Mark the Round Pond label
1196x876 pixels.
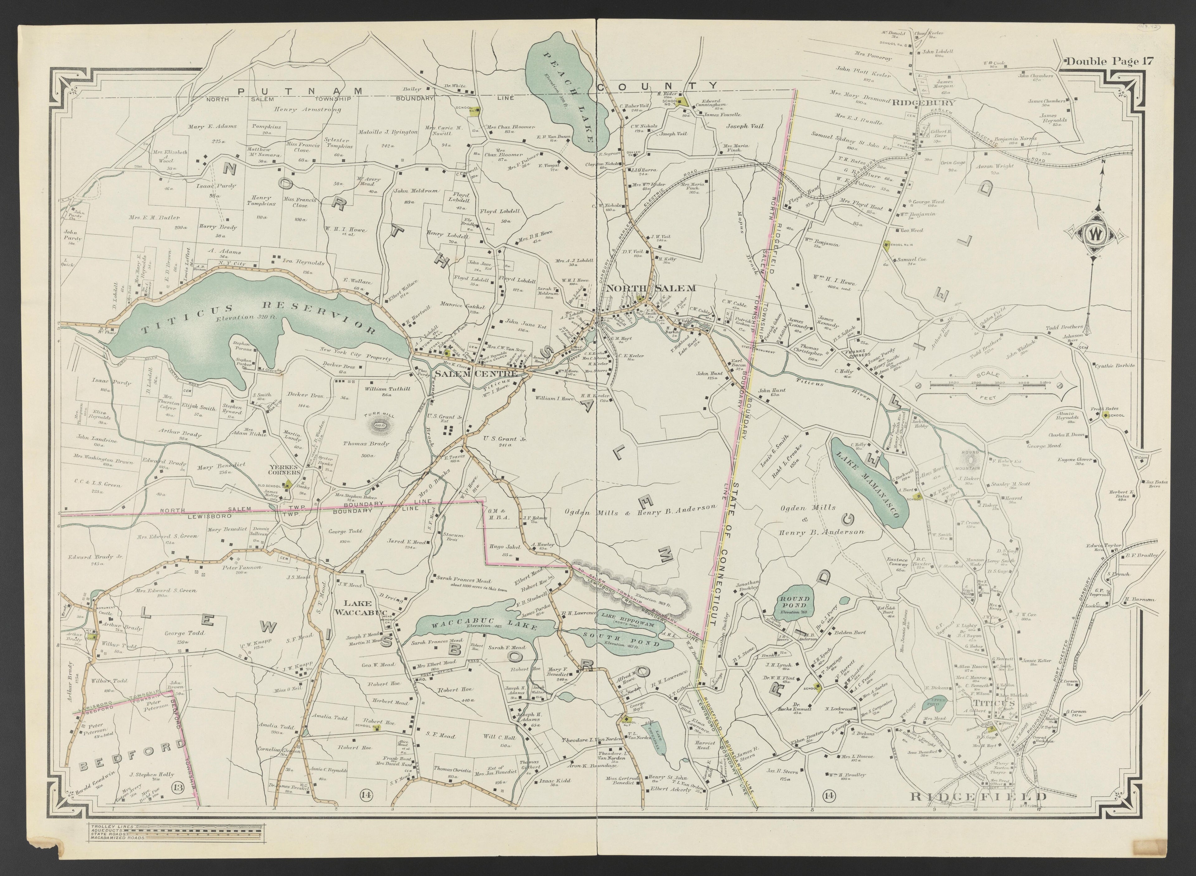click(x=794, y=601)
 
